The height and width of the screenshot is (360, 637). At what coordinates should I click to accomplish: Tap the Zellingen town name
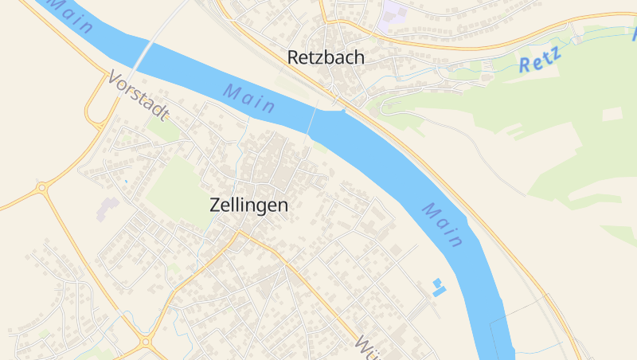248,204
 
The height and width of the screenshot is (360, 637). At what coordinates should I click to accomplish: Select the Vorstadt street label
138,96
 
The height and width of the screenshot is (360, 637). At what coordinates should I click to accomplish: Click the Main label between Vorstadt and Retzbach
249,98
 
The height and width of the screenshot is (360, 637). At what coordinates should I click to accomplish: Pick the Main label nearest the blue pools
443,225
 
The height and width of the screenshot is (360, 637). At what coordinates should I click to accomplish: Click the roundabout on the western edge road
41,188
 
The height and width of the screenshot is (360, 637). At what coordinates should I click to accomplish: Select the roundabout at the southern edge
145,343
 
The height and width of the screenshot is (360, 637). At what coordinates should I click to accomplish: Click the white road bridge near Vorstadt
143,57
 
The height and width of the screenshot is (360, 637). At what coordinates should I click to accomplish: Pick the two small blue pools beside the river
436,288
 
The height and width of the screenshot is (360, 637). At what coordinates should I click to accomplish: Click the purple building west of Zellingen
107,209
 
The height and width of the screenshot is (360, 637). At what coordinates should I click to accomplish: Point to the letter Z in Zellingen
215,204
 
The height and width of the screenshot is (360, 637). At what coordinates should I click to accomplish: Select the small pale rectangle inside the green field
612,114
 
